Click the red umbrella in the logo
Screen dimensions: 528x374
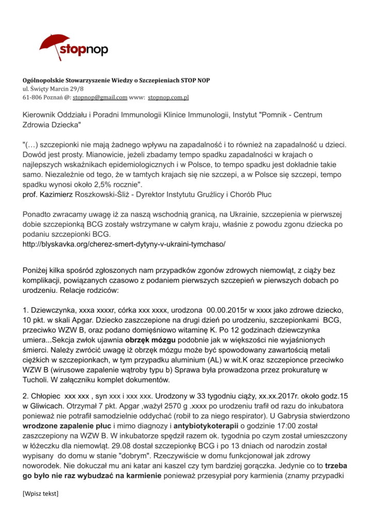click(54, 44)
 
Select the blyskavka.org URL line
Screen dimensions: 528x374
click(124, 243)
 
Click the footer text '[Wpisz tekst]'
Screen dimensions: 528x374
click(40, 493)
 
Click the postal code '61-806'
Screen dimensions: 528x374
click(32, 97)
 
